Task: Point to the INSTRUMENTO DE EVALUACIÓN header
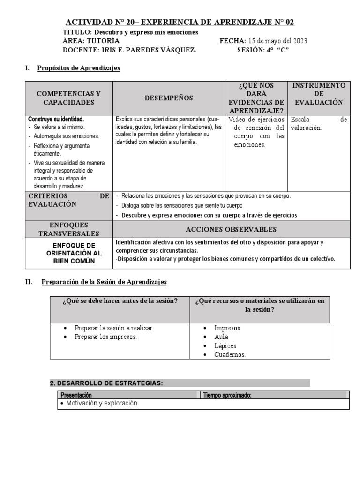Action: point(319,94)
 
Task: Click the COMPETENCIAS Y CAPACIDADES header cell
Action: point(68,98)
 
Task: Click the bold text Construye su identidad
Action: point(56,120)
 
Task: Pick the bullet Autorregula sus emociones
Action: point(66,136)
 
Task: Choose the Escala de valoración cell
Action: point(319,124)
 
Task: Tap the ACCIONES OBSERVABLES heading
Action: point(231,229)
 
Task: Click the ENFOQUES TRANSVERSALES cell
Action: point(68,229)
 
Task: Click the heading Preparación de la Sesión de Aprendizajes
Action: point(104,282)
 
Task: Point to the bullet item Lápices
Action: point(225,345)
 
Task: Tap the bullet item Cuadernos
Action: point(230,354)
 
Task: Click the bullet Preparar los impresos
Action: point(105,337)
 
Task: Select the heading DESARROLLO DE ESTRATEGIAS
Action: point(106,383)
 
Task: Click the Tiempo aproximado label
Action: point(228,395)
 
